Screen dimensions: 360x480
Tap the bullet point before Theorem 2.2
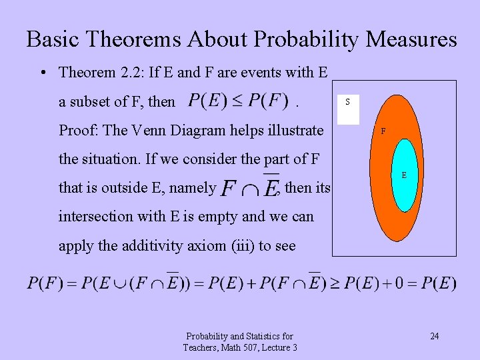(x=42, y=72)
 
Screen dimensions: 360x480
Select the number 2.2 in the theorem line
(x=131, y=72)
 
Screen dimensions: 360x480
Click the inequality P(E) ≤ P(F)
(x=237, y=101)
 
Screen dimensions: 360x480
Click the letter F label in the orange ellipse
(x=383, y=132)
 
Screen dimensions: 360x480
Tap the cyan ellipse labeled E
(x=403, y=175)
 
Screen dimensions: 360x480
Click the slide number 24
(x=434, y=336)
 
